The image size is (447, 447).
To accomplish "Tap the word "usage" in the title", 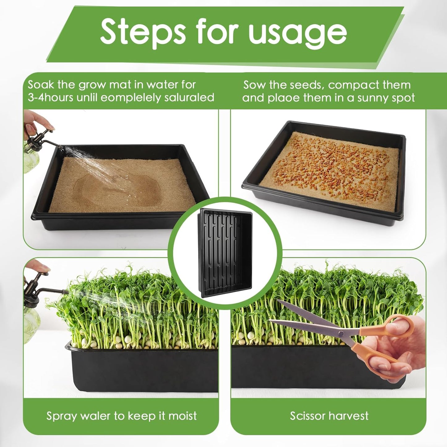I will coord(298,33).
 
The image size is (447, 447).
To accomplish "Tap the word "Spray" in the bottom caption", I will coord(62,416).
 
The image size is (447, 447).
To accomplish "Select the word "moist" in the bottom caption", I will coord(183,416).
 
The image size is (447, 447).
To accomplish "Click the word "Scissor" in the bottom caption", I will coord(307,416).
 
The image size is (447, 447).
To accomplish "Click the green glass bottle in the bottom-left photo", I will coord(31,325).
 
